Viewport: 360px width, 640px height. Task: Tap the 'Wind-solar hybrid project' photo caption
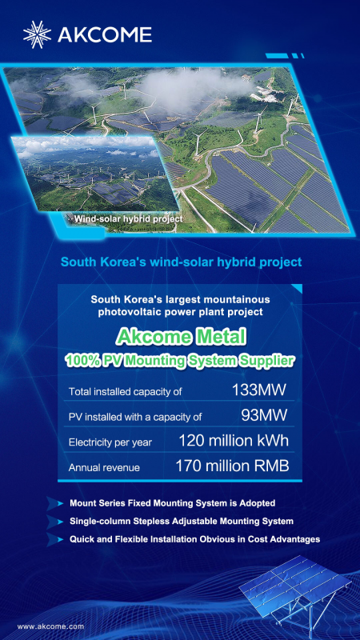[128, 218]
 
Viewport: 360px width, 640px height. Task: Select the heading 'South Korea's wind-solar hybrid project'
[179, 262]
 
